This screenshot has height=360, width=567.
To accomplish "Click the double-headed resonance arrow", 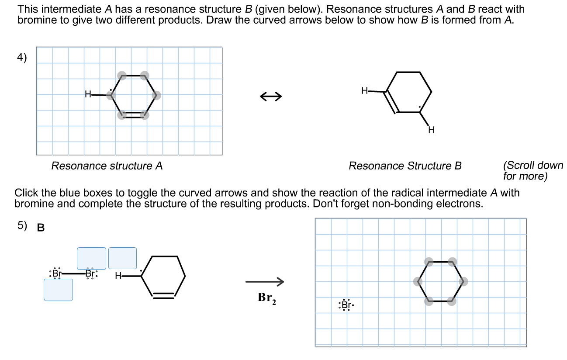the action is click(x=271, y=96).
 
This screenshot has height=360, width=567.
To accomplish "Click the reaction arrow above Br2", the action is click(x=265, y=281).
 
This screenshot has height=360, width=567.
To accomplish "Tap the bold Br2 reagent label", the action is click(x=267, y=298).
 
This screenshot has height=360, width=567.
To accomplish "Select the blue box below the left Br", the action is click(x=58, y=290).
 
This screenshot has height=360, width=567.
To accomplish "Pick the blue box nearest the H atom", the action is click(x=122, y=258).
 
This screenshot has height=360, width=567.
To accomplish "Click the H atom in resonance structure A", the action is click(x=88, y=94).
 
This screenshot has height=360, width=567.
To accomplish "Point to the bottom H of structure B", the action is click(x=431, y=130).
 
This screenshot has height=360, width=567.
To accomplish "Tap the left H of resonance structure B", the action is click(x=364, y=90).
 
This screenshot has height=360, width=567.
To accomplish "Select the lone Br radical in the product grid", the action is click(x=346, y=305).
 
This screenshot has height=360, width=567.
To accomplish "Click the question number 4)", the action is click(x=22, y=58).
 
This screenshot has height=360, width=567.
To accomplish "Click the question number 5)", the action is click(x=22, y=225).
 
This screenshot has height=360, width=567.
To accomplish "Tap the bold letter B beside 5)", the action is click(x=41, y=228).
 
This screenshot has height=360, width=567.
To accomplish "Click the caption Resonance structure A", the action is click(x=107, y=166).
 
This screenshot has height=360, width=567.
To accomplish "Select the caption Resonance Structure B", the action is click(x=405, y=166).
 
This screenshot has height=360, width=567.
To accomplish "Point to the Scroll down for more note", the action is click(x=533, y=170).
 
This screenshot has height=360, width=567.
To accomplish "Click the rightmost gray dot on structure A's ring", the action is click(x=156, y=95).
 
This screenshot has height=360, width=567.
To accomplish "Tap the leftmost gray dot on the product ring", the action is click(x=418, y=281).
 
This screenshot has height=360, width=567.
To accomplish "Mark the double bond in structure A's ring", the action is click(x=133, y=115).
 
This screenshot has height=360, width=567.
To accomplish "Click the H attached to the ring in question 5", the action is click(x=118, y=276).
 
